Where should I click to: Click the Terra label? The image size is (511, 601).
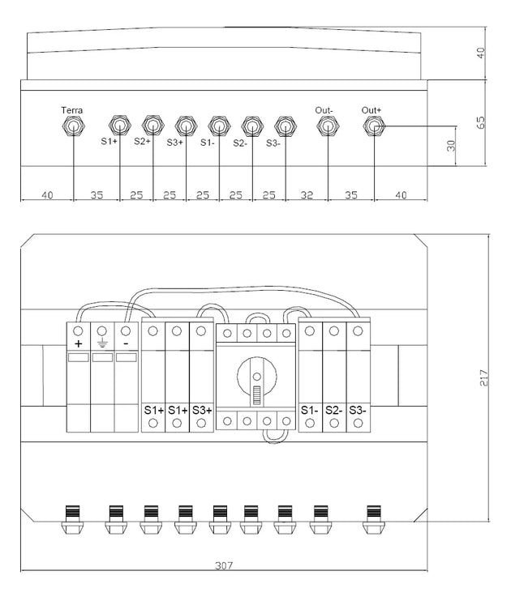coord(72,110)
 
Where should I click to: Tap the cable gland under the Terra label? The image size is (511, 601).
coord(73,126)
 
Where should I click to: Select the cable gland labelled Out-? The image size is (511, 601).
coord(328,126)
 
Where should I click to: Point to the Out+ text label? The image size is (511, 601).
coord(372,110)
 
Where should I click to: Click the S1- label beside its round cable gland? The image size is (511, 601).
coord(208,143)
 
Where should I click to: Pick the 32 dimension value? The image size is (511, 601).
coord(306,195)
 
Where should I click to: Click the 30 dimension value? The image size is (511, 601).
coord(452,147)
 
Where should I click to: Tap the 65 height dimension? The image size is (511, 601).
coord(481,123)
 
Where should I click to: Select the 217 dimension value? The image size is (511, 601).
coord(484,378)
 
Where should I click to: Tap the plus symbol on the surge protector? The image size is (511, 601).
coord(79,344)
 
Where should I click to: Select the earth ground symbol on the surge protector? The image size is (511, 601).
coord(102,344)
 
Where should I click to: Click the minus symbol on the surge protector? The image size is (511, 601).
coord(126,344)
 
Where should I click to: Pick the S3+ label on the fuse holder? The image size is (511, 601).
coord(201,410)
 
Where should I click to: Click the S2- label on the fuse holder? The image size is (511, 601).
coord(333,410)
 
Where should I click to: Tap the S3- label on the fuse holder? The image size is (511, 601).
coord(357,410)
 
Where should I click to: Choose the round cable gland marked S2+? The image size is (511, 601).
coord(152,125)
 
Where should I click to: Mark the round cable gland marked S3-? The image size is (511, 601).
coord(283,126)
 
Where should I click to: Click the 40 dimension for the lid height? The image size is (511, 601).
coord(481,54)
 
